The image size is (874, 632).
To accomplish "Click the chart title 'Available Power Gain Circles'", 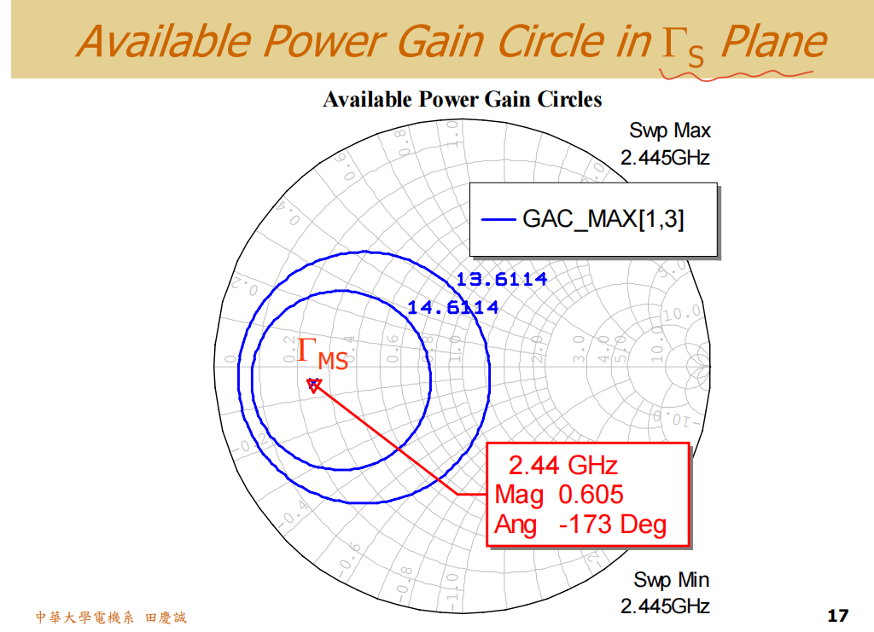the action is [462, 100].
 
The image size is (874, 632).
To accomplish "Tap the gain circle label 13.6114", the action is [501, 279].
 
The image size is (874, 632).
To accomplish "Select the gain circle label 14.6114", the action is [452, 307].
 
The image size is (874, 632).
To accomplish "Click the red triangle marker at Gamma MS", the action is [313, 385].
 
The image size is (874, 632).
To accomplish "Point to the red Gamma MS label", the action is [323, 354].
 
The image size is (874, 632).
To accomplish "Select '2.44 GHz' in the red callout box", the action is [562, 465].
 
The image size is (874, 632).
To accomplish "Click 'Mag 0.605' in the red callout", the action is [559, 494].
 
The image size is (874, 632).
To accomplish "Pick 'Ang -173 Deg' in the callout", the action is [580, 524].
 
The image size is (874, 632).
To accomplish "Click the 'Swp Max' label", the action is [669, 130].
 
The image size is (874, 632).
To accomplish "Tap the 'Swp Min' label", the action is [671, 580].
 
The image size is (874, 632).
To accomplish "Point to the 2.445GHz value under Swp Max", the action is [665, 158].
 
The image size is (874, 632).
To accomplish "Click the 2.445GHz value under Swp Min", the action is [665, 606].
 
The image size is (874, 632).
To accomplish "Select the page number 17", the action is [837, 615].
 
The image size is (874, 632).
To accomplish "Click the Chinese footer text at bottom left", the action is [110, 617].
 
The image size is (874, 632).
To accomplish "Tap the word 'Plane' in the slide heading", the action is [773, 41].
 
